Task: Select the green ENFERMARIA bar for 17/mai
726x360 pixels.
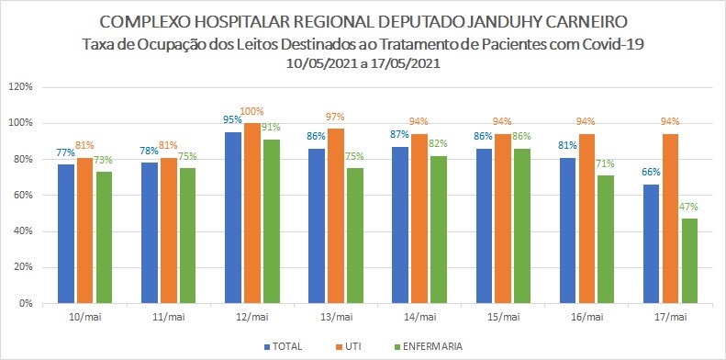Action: pyautogui.click(x=689, y=261)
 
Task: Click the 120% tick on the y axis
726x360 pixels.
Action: pyautogui.click(x=20, y=86)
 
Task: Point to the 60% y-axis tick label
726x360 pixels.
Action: pyautogui.click(x=22, y=195)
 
